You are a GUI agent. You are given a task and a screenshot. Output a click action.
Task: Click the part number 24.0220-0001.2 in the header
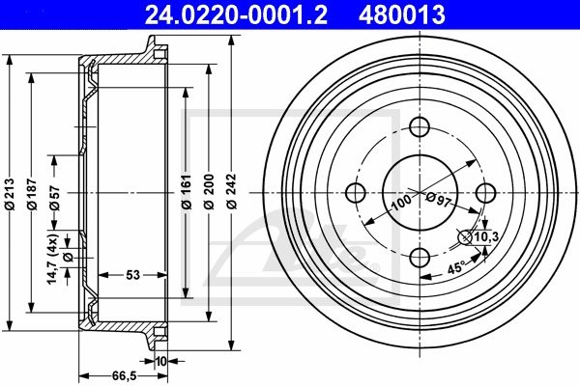236,14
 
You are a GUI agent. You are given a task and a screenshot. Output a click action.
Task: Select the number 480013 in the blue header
402,14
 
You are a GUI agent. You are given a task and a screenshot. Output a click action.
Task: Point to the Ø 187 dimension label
32,194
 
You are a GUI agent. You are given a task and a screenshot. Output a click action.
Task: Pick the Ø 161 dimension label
187,192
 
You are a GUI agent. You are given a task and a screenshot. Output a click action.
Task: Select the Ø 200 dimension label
209,192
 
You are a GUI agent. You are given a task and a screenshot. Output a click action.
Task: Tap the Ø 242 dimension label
232,192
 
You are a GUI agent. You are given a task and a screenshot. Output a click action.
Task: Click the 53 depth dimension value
133,275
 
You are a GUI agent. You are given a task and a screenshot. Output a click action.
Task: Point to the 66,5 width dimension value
125,376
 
